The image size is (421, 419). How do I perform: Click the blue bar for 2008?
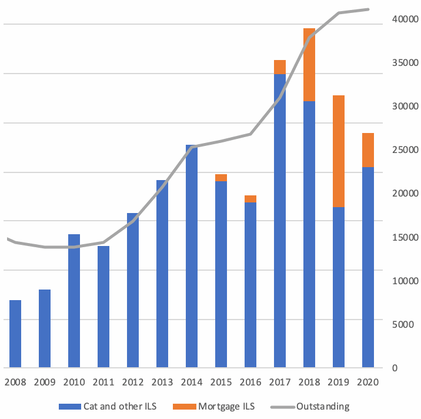tap(15, 334)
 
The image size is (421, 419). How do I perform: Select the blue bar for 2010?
tap(74, 301)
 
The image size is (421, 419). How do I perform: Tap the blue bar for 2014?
tap(192, 257)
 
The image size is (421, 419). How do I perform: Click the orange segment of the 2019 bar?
tap(339, 151)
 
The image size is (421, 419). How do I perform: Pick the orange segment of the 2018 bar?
tap(309, 65)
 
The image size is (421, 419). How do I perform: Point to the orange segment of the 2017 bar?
tap(280, 67)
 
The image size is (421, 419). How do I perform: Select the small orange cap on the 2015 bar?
tap(221, 178)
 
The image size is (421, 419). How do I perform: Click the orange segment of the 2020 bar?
tap(368, 150)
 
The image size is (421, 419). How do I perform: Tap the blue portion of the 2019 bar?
tap(339, 288)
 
